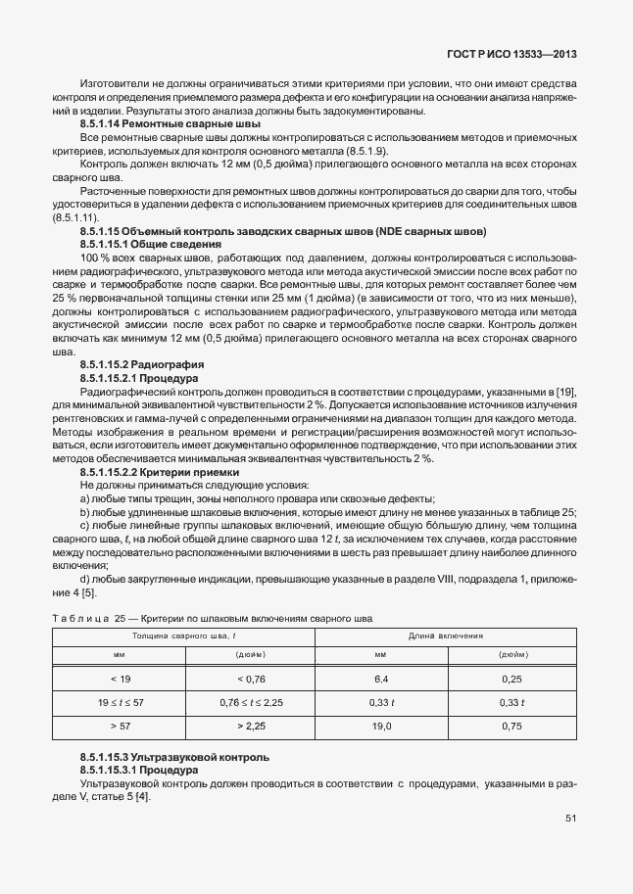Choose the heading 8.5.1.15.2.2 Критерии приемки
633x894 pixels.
tap(159, 472)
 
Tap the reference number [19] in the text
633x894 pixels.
tap(565, 392)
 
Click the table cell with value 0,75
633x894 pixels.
tap(511, 727)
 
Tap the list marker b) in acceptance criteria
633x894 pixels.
tap(85, 512)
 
